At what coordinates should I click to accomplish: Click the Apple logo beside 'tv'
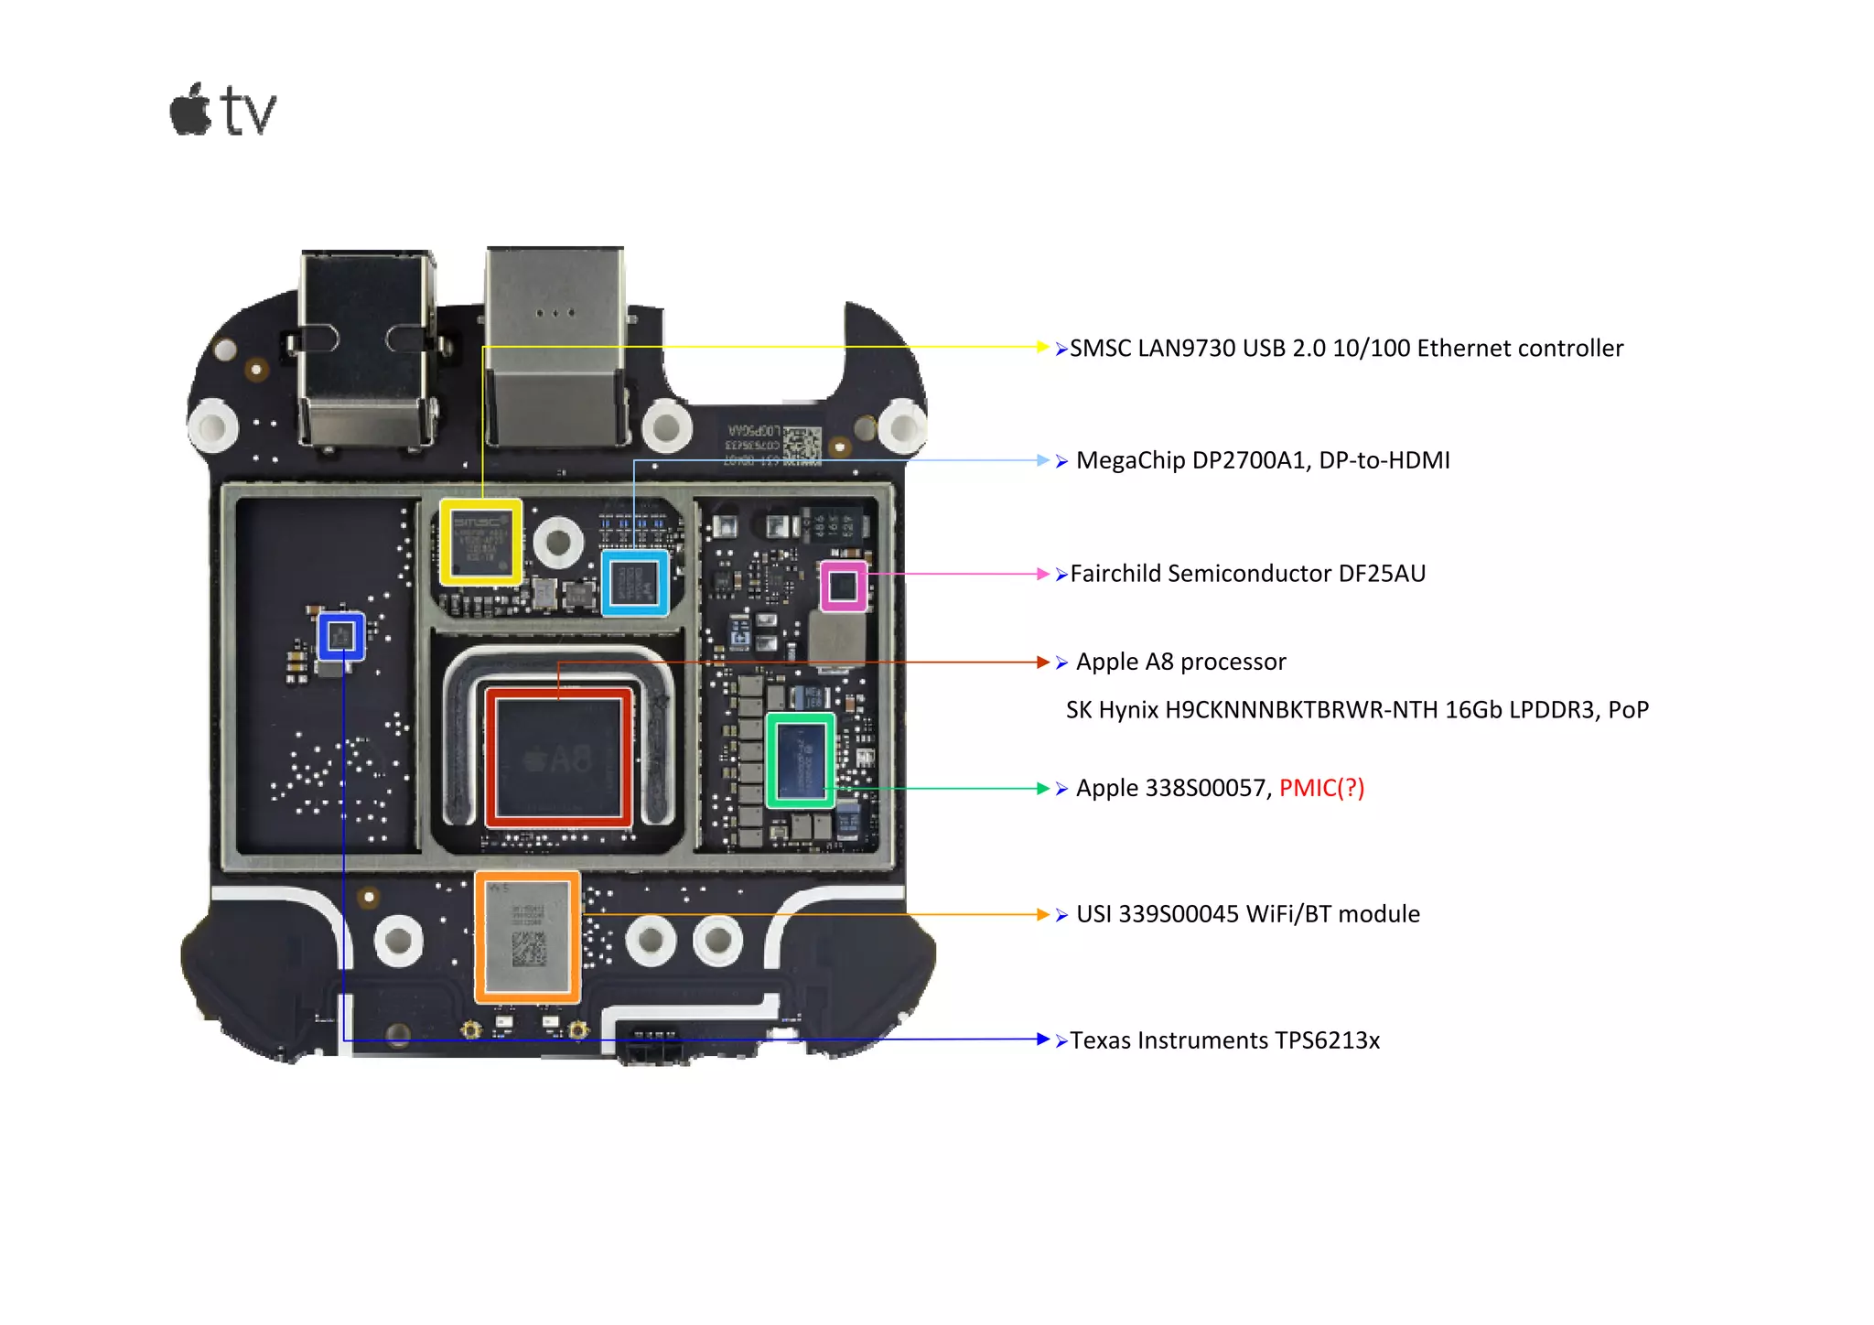pos(190,111)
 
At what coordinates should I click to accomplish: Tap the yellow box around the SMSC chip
pos(480,542)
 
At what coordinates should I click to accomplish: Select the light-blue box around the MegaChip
pos(635,582)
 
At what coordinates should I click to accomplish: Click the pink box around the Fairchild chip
pos(843,586)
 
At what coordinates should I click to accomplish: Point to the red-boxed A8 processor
pos(558,758)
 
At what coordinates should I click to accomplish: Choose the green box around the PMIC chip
pos(800,760)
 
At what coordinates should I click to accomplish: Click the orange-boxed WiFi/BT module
pos(527,937)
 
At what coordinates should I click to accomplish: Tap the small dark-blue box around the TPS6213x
pos(341,636)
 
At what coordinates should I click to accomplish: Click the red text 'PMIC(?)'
pos(1320,788)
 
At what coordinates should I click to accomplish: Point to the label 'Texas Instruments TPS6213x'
pos(1224,1040)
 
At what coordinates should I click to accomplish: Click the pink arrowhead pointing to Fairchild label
pos(1042,574)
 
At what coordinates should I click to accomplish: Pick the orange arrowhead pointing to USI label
pos(1042,914)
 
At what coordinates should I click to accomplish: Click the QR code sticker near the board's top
pos(802,445)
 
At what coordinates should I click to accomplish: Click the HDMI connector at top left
pos(365,348)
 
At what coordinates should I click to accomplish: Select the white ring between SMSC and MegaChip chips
pos(558,542)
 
